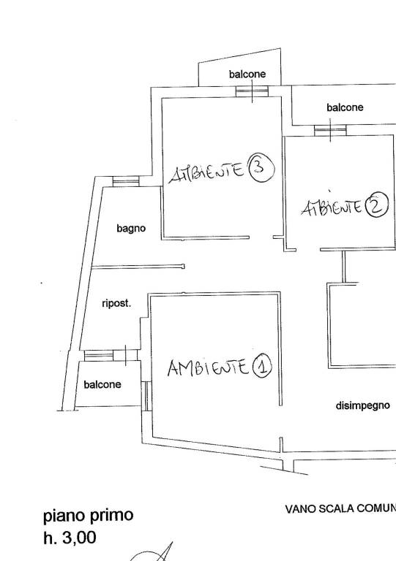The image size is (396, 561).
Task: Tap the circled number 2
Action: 377,205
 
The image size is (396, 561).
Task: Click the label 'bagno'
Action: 131,229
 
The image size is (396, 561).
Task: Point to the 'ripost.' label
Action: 116,304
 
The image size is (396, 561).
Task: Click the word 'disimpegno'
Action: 362,405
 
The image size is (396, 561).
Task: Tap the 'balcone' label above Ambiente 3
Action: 247,74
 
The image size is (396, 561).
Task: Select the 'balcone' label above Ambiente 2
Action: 345,107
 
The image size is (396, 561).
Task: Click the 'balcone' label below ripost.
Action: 102,385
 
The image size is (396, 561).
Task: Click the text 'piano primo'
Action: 88,516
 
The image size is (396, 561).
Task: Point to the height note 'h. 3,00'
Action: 70,538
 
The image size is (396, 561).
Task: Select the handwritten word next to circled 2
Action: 332,207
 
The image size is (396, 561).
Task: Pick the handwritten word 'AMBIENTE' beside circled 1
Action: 208,367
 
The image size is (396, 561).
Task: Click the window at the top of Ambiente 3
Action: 252,91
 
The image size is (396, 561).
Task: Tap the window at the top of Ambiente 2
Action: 330,130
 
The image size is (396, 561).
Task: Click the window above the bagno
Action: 126,181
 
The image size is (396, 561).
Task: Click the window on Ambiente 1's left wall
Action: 146,396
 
